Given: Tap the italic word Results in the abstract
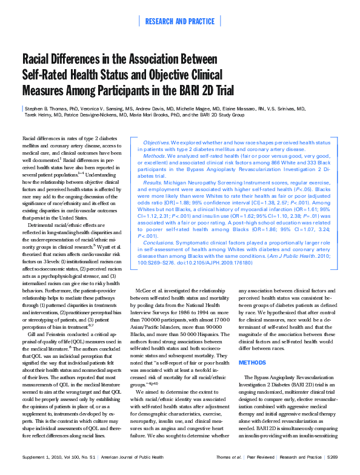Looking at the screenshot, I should click(x=153, y=182).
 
